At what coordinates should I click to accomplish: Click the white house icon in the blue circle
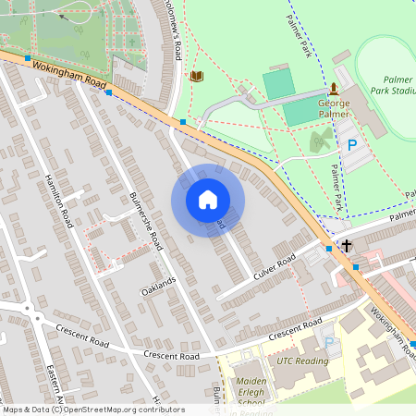tap(208, 200)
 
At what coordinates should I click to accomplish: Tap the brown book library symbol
tap(196, 76)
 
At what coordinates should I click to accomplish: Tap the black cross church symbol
tap(347, 246)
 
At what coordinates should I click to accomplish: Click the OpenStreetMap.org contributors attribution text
tap(92, 410)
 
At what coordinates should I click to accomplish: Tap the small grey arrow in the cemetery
tap(62, 15)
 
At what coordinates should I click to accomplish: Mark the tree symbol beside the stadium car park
tap(320, 141)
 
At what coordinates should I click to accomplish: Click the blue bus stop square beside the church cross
tap(330, 248)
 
